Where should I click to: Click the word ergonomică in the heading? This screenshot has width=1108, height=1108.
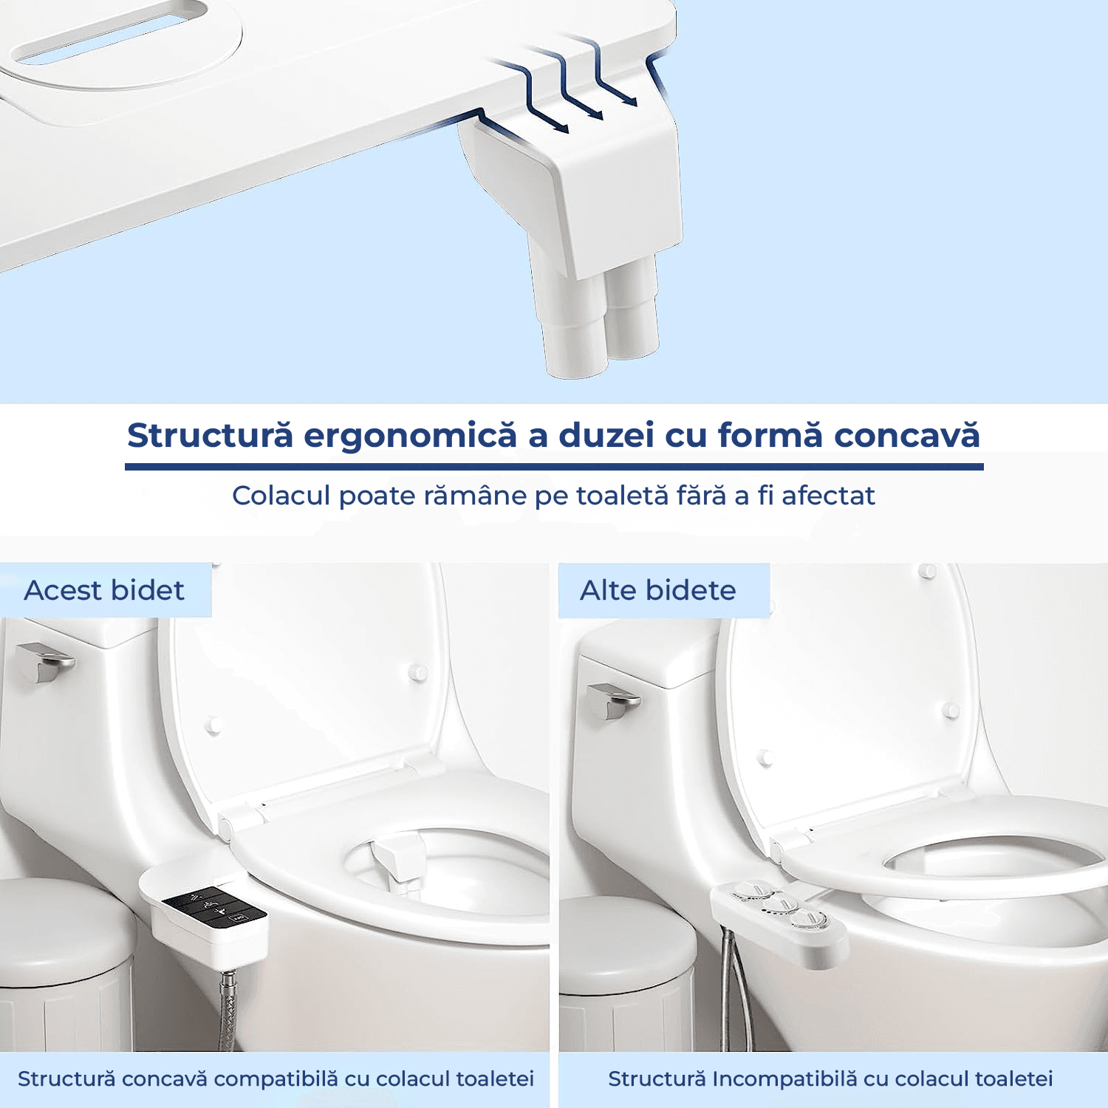(x=410, y=436)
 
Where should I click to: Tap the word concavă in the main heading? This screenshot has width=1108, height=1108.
(x=906, y=435)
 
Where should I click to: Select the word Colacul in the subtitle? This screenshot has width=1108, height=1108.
(x=281, y=496)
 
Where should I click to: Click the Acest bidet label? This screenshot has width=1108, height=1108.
(x=104, y=590)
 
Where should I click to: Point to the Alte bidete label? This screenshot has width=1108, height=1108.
(x=658, y=590)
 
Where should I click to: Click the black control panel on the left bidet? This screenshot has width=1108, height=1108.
(x=214, y=908)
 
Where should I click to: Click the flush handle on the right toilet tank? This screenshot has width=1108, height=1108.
(x=613, y=699)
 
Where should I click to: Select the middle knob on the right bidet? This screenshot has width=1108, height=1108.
(x=779, y=903)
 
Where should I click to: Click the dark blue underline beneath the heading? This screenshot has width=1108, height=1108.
(x=554, y=467)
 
